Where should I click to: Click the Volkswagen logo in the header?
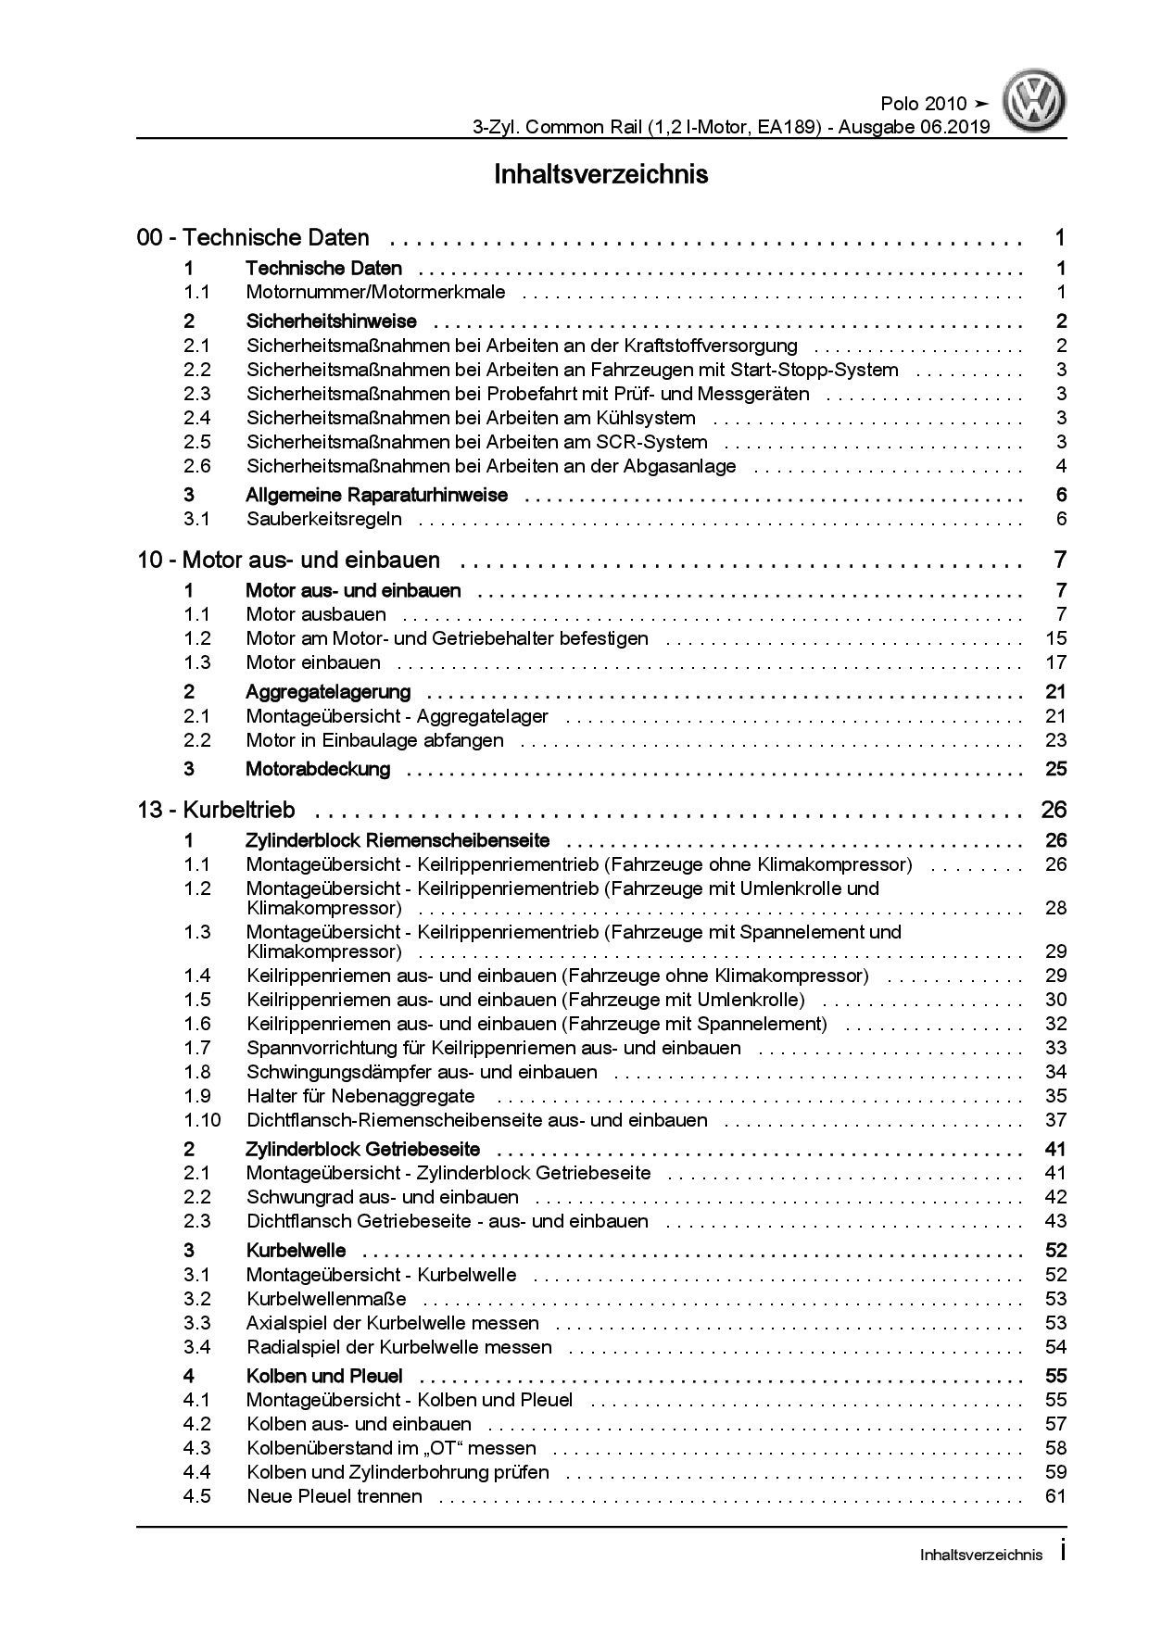pos(1037,103)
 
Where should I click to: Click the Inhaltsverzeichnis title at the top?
pos(600,174)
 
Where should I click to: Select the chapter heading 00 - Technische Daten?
pos(253,238)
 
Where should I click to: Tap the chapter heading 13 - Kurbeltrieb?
pos(216,810)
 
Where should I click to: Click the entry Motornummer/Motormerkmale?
pos(375,293)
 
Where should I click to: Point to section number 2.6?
pos(196,467)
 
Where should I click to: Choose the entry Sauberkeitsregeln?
pos(323,519)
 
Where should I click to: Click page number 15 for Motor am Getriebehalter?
pos(1055,638)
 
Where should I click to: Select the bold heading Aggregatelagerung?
pos(327,692)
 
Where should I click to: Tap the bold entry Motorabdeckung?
pos(317,769)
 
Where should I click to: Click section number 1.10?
pos(202,1120)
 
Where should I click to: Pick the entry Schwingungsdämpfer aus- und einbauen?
pos(422,1072)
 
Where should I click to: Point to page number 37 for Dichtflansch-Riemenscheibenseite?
pos(1055,1120)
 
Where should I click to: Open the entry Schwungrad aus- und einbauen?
pos(382,1197)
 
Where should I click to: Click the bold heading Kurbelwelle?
pos(296,1251)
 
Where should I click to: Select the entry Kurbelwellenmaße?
pos(326,1299)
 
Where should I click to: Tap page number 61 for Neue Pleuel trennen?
pos(1055,1496)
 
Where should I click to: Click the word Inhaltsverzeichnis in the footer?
pos(980,1556)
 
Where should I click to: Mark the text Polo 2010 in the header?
pos(921,104)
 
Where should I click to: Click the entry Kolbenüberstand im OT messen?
pos(391,1448)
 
